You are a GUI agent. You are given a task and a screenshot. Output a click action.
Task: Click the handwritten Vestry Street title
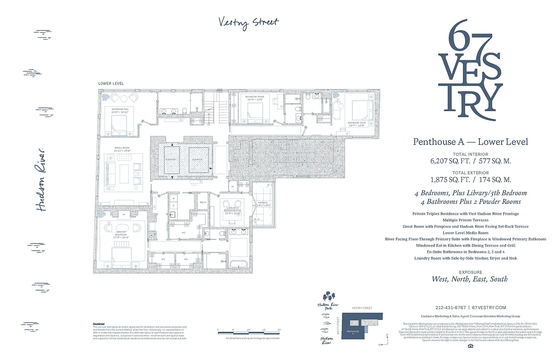pyautogui.click(x=248, y=22)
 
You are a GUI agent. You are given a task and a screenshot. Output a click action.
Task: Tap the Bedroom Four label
pyautogui.click(x=356, y=123)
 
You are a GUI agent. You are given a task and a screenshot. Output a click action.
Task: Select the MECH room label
pyautogui.click(x=203, y=202)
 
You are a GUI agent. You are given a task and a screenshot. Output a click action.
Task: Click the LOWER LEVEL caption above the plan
pyautogui.click(x=111, y=84)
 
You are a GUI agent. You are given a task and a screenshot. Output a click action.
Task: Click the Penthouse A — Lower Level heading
pyautogui.click(x=470, y=142)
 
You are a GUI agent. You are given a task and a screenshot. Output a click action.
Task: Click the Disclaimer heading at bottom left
pyautogui.click(x=99, y=324)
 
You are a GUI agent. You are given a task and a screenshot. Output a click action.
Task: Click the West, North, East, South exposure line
pyautogui.click(x=470, y=279)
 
